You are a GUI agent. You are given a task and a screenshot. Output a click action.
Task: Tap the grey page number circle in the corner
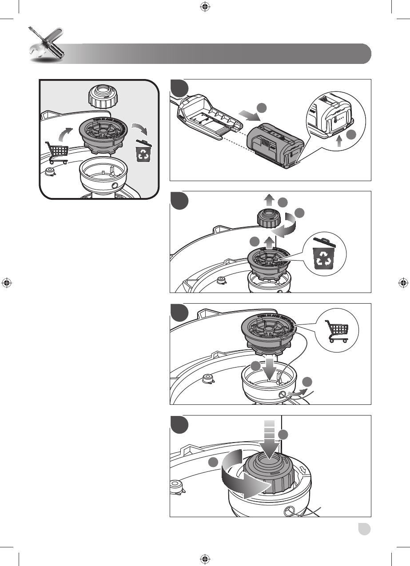click(x=365, y=530)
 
